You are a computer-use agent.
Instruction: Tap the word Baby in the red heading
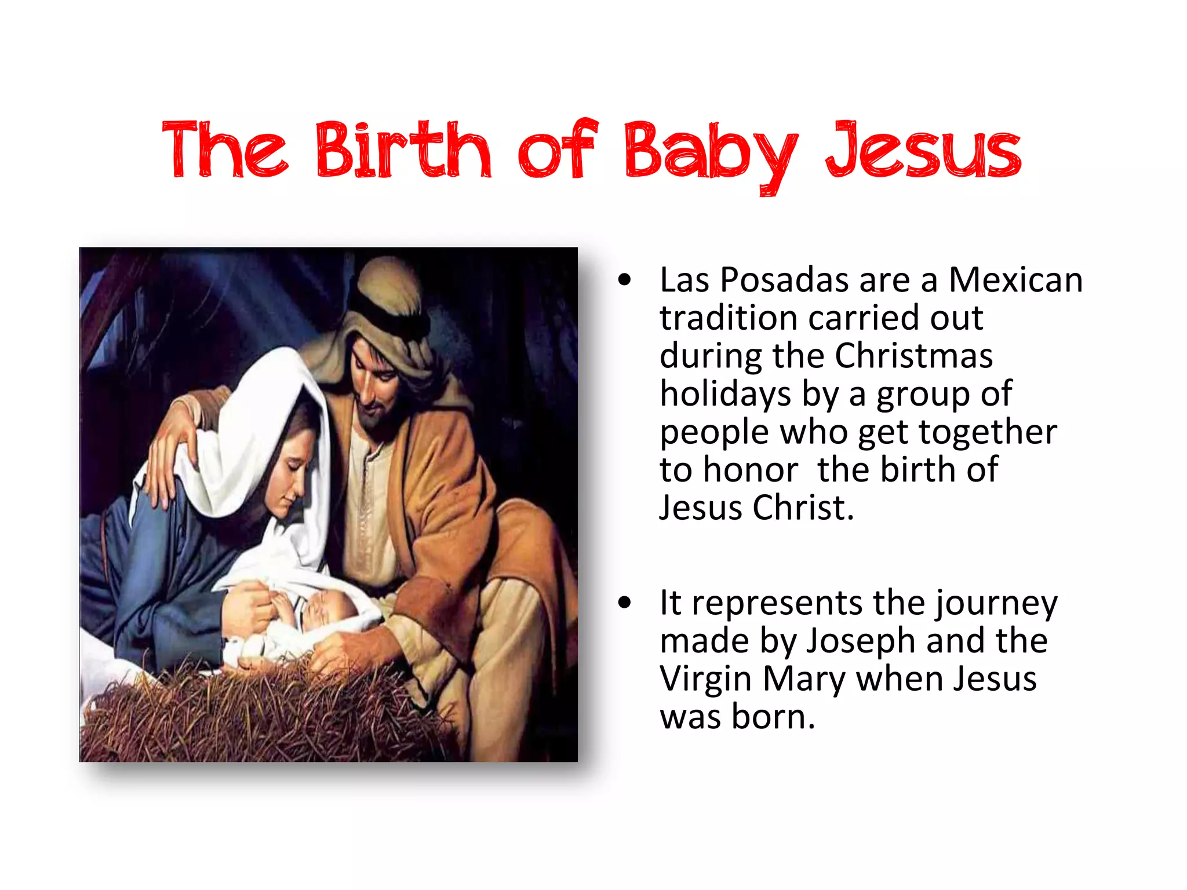711,152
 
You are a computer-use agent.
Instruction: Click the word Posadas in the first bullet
785,280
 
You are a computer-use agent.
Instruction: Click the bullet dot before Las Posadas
624,280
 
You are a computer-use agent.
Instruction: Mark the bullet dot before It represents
624,603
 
